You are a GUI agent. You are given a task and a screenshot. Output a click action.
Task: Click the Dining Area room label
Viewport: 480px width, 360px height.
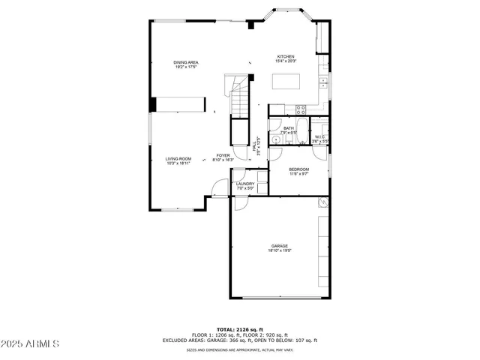click(185, 62)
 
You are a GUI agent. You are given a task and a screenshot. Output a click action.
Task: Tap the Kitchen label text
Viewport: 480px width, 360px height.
click(286, 56)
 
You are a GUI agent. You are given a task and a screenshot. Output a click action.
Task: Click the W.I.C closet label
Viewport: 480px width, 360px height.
click(319, 136)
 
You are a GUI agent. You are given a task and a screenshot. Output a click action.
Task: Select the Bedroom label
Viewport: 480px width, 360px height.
click(299, 169)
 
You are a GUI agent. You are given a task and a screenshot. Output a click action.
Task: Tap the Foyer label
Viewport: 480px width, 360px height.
click(223, 155)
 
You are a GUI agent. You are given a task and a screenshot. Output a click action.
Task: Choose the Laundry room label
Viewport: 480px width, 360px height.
click(245, 183)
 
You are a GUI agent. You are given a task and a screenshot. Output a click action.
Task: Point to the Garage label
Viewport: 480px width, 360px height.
click(280, 246)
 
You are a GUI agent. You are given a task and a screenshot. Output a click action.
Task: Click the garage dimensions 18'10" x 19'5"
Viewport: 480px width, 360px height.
click(280, 250)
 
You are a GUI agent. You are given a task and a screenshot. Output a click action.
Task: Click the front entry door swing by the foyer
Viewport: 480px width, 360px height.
click(217, 188)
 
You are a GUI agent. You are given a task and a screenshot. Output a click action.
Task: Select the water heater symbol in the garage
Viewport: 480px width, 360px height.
click(322, 202)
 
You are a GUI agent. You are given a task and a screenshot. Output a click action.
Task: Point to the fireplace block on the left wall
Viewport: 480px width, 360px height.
click(152, 104)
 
